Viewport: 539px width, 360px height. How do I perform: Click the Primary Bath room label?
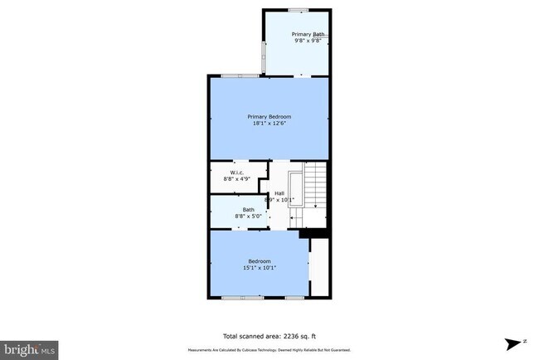(x=308, y=34)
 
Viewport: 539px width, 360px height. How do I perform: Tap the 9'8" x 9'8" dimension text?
(x=308, y=41)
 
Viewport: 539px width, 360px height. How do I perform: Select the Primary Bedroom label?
(x=269, y=117)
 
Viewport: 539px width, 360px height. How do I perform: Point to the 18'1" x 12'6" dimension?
(x=269, y=124)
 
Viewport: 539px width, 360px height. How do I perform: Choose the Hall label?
(x=279, y=193)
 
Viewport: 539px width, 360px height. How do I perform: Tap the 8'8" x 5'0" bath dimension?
(x=248, y=216)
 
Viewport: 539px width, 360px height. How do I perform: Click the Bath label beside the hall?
(x=248, y=209)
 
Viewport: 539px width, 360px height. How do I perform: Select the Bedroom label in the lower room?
(x=260, y=261)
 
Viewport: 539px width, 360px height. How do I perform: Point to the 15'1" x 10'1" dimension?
(x=260, y=268)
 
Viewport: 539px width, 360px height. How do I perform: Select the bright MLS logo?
(x=29, y=348)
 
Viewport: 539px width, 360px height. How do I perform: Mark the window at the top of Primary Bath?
(x=298, y=9)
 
